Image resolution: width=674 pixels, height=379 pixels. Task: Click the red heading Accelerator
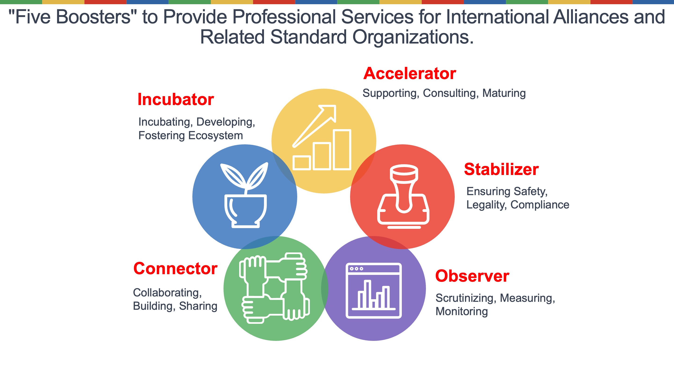pyautogui.click(x=410, y=73)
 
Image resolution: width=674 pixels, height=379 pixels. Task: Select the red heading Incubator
pyautogui.click(x=176, y=99)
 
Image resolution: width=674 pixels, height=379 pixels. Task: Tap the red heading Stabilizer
pyautogui.click(x=501, y=169)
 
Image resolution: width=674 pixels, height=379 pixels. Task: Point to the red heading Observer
pyautogui.click(x=472, y=276)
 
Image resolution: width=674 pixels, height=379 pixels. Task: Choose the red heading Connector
pyautogui.click(x=175, y=268)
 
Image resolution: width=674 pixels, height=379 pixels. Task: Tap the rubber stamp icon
pyautogui.click(x=403, y=197)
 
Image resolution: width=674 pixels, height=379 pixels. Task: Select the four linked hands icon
pyautogui.click(x=275, y=288)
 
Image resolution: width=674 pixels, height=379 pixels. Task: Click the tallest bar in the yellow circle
pyautogui.click(x=342, y=150)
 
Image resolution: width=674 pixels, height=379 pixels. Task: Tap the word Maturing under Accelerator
pyautogui.click(x=504, y=93)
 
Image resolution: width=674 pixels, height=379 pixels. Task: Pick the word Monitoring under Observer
pyautogui.click(x=462, y=312)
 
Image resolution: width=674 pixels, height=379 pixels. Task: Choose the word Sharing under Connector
pyautogui.click(x=198, y=306)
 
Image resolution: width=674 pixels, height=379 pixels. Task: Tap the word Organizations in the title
pyautogui.click(x=413, y=37)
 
